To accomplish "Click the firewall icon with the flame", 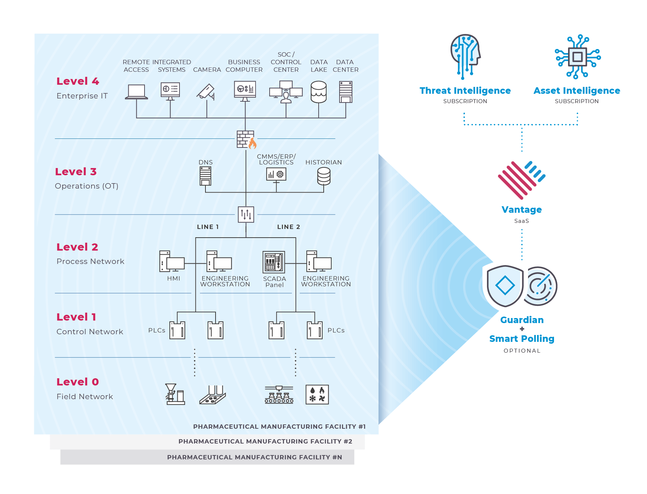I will click(246, 140).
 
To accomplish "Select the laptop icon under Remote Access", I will click(136, 92).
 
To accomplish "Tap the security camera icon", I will click(206, 92).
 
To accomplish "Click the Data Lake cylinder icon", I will click(319, 92).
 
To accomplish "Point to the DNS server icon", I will click(205, 176).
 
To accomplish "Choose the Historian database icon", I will click(324, 176).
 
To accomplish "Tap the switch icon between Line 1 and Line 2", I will click(246, 215).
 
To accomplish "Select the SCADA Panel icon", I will click(274, 262).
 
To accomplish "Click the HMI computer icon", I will click(172, 261).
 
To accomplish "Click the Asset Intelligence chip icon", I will click(577, 57).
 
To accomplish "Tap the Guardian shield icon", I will click(505, 286).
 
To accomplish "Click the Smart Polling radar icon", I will click(540, 286).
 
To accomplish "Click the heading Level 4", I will click(77, 81).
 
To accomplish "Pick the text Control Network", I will click(90, 332).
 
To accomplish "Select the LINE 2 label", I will click(288, 227).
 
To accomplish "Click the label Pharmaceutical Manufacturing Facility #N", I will click(254, 457).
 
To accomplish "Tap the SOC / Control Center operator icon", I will click(286, 92).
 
